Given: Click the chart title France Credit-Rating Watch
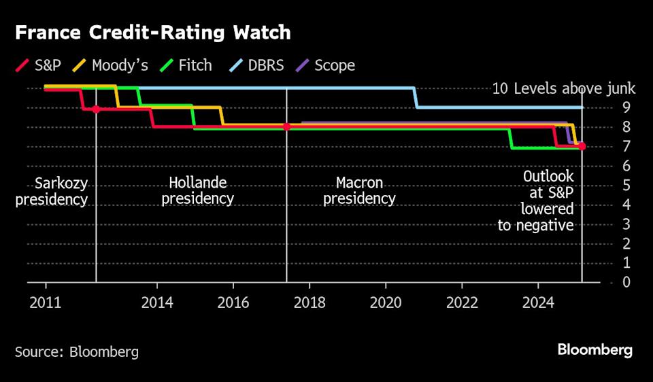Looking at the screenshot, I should [x=153, y=32].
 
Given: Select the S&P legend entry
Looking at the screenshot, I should [x=40, y=65].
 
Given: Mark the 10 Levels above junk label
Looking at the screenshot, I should [x=563, y=88].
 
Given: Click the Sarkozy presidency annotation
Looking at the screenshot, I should [x=52, y=191].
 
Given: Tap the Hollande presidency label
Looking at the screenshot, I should [x=198, y=191].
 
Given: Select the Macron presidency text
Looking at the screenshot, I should [x=359, y=191].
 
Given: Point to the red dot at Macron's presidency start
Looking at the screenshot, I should [x=286, y=126].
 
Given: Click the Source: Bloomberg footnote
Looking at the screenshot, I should [x=77, y=351].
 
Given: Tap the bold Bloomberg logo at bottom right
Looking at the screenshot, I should [x=595, y=350].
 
